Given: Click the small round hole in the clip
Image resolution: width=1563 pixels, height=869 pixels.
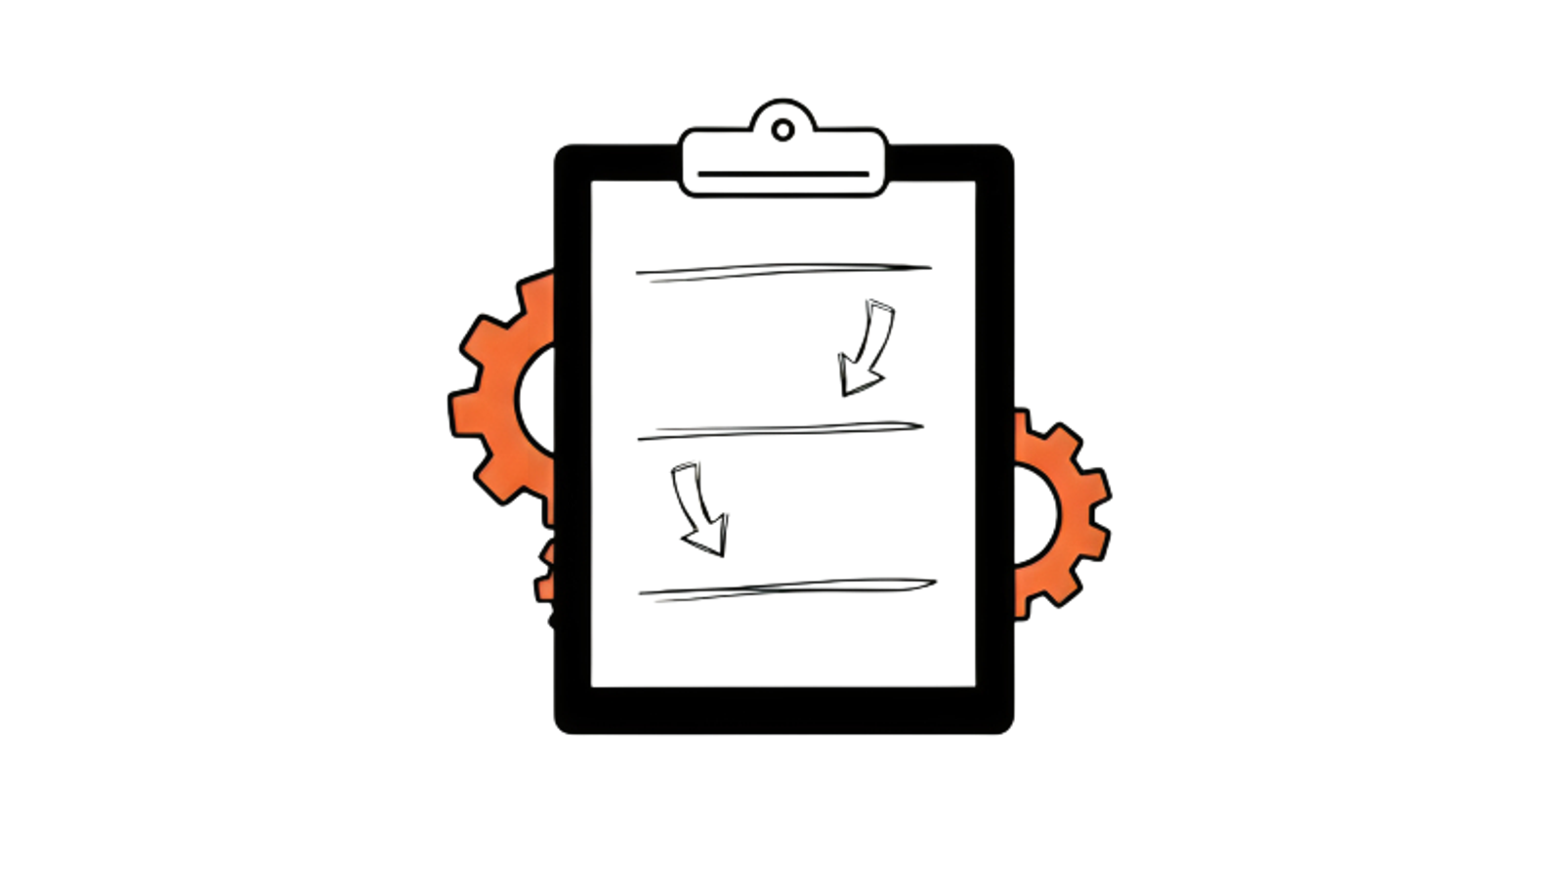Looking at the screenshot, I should [x=782, y=130].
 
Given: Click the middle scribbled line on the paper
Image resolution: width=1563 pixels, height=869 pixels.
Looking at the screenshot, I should [x=781, y=429].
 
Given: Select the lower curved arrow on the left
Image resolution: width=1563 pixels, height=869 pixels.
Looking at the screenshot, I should [x=699, y=508].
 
